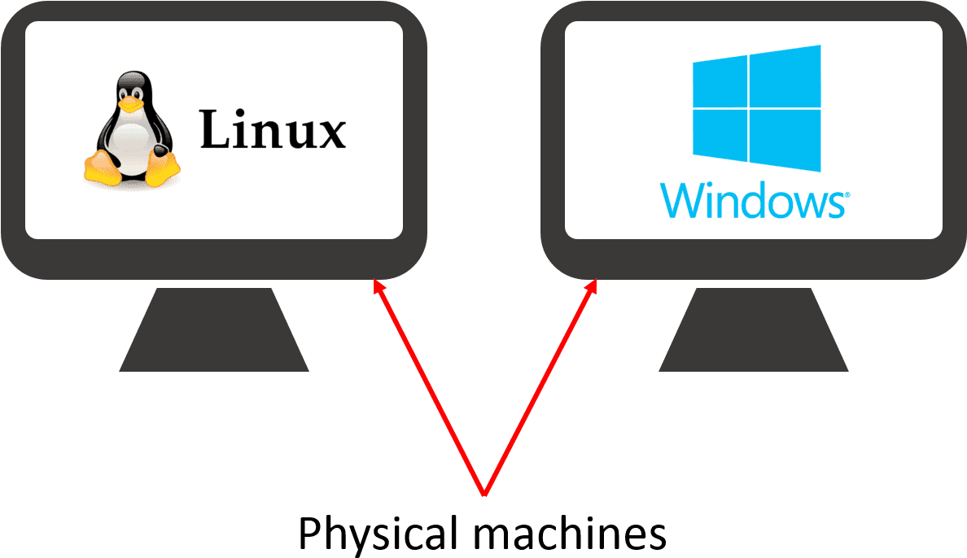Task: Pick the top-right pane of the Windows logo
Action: point(785,75)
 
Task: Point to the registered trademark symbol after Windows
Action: point(847,196)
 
